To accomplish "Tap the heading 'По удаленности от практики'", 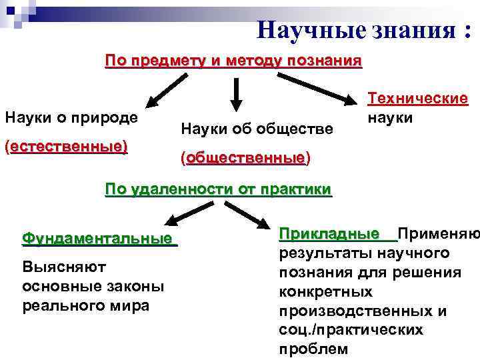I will point(219,189).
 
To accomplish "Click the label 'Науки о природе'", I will point(71,117).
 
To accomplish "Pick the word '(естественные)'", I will point(66,146).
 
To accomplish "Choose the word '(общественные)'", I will point(245,159).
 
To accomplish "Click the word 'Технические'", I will point(418,99).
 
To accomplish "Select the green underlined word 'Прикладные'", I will point(337,234).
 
